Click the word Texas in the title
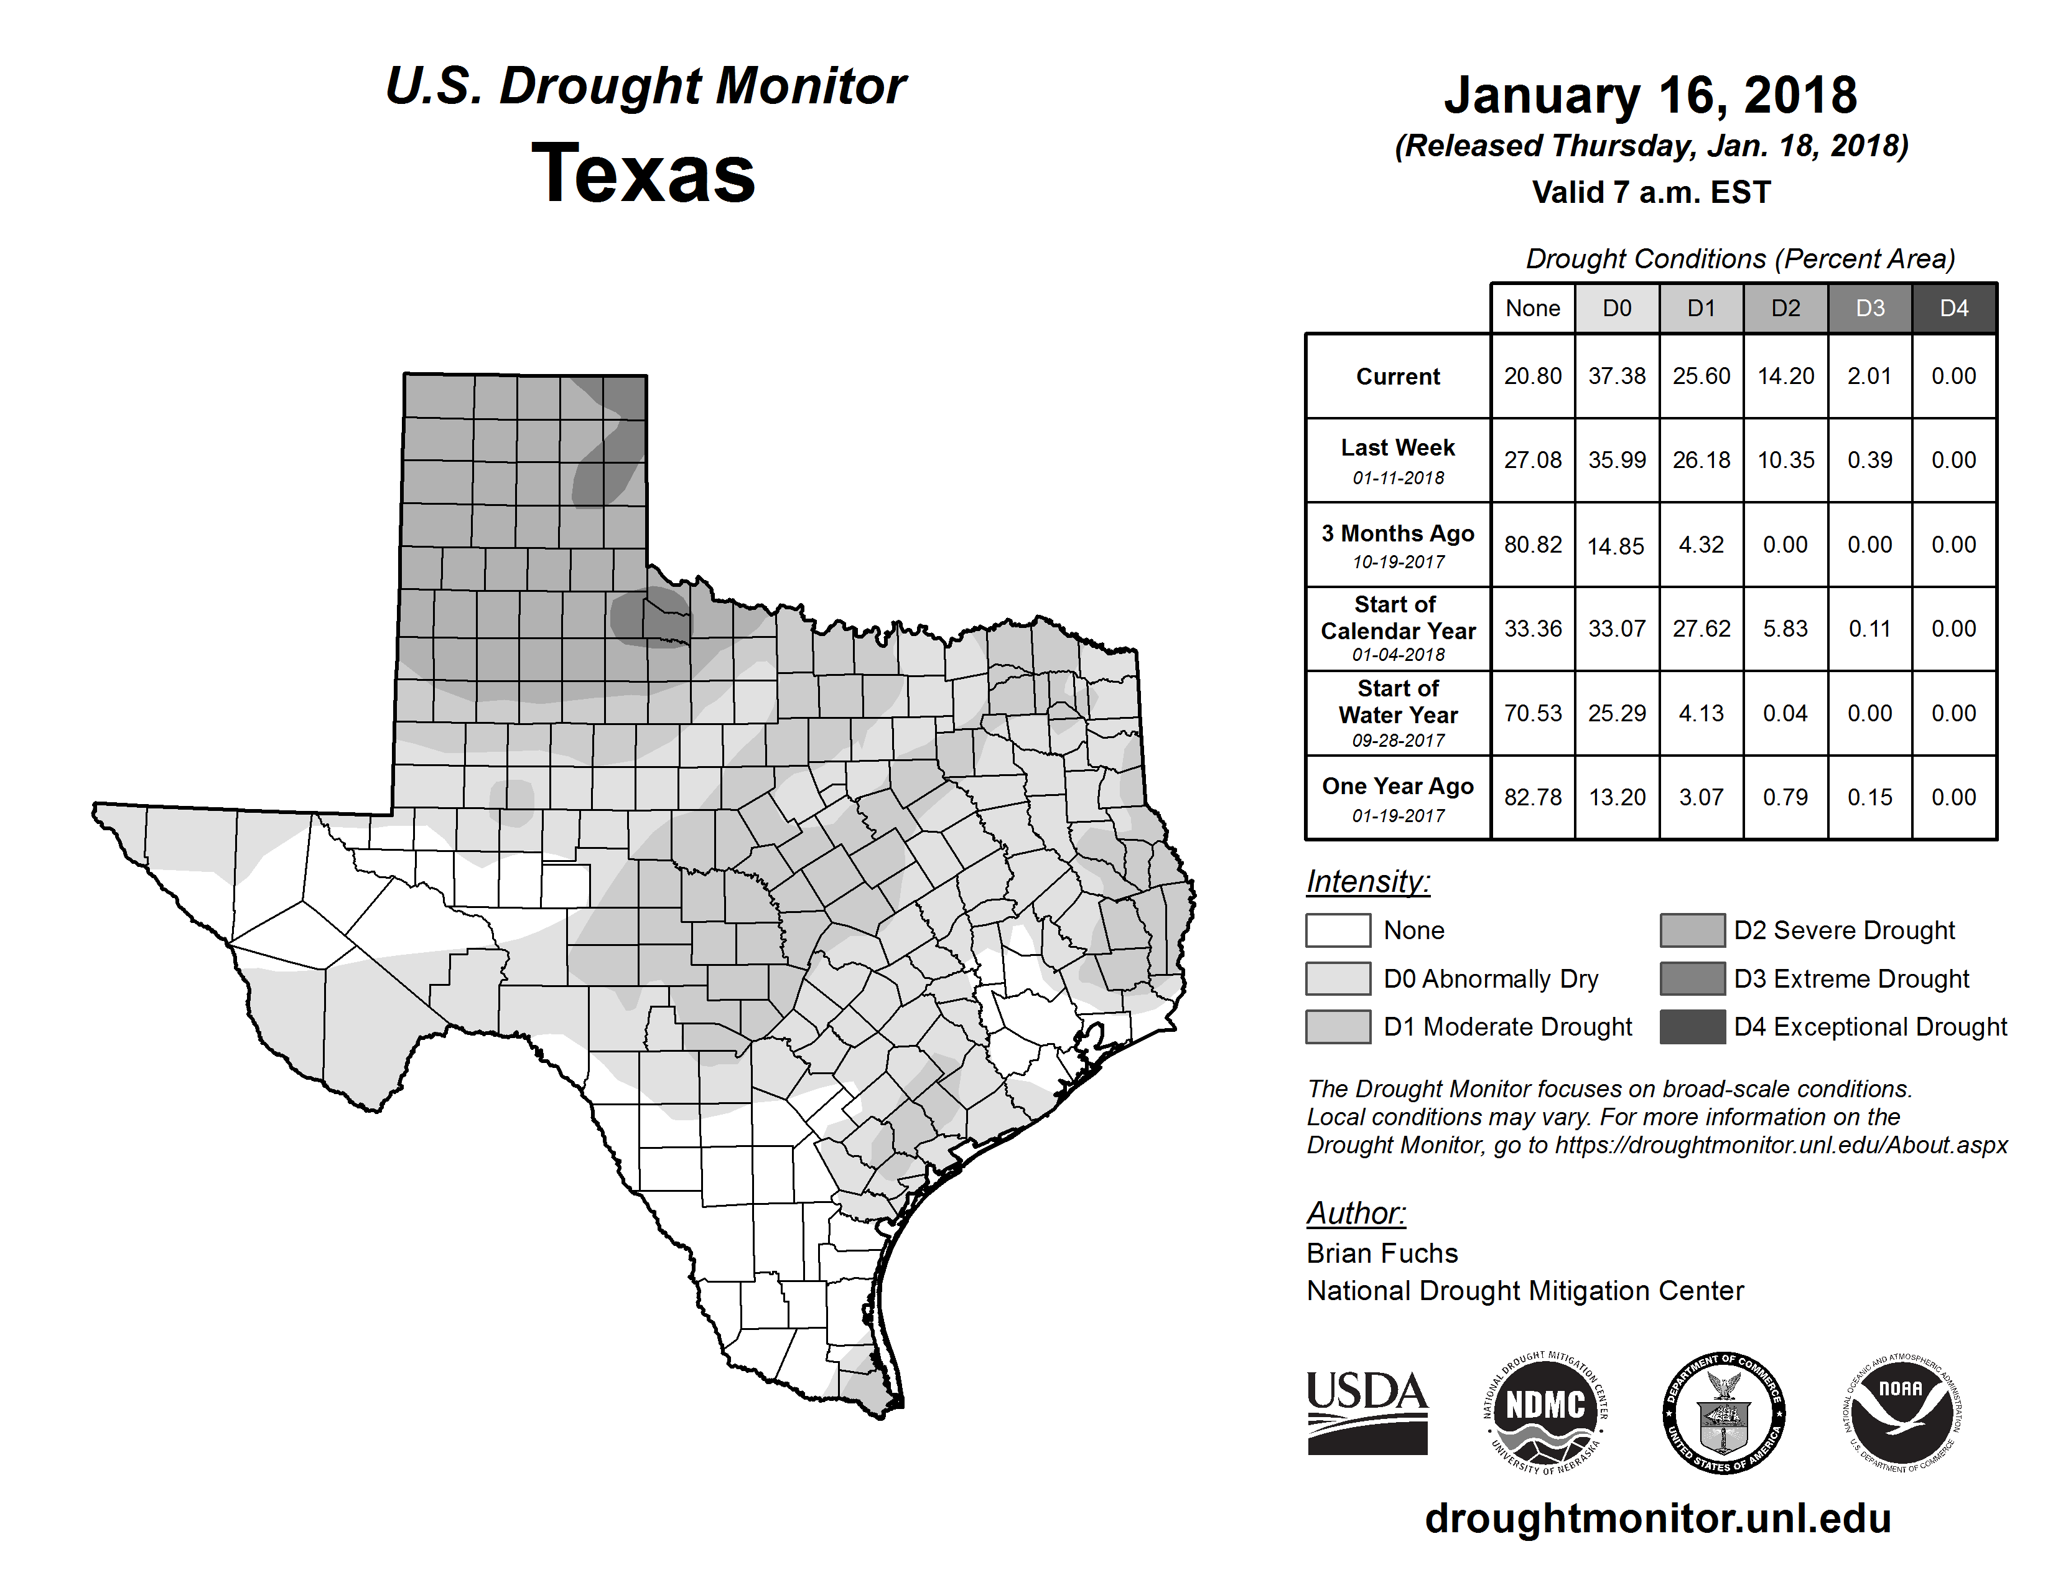click(643, 174)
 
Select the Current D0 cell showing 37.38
click(1617, 376)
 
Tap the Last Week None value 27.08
click(1532, 460)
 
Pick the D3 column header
click(1869, 308)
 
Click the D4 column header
click(1953, 308)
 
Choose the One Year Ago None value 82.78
click(1532, 797)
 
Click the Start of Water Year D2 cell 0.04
click(1785, 714)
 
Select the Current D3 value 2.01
click(1869, 376)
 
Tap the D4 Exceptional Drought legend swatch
click(1692, 1027)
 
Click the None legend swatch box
click(1338, 930)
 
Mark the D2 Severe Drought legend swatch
click(1692, 930)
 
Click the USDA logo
click(1367, 1412)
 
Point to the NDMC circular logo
click(1545, 1412)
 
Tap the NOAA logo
click(1901, 1412)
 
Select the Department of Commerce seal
click(1723, 1412)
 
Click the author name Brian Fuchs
click(1382, 1253)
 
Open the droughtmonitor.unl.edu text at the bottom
click(1657, 1519)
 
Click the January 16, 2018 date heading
click(1650, 96)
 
